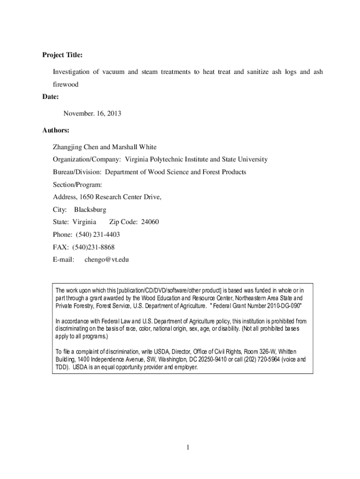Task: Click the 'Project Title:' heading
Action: pyautogui.click(x=62, y=55)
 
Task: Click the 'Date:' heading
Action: pyautogui.click(x=50, y=97)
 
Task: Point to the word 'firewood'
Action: pyautogui.click(x=65, y=85)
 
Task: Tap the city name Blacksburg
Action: pyautogui.click(x=90, y=209)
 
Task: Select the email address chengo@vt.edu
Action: pyautogui.click(x=106, y=260)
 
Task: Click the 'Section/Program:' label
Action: pyautogui.click(x=77, y=184)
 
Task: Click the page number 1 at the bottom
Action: pyautogui.click(x=187, y=448)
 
